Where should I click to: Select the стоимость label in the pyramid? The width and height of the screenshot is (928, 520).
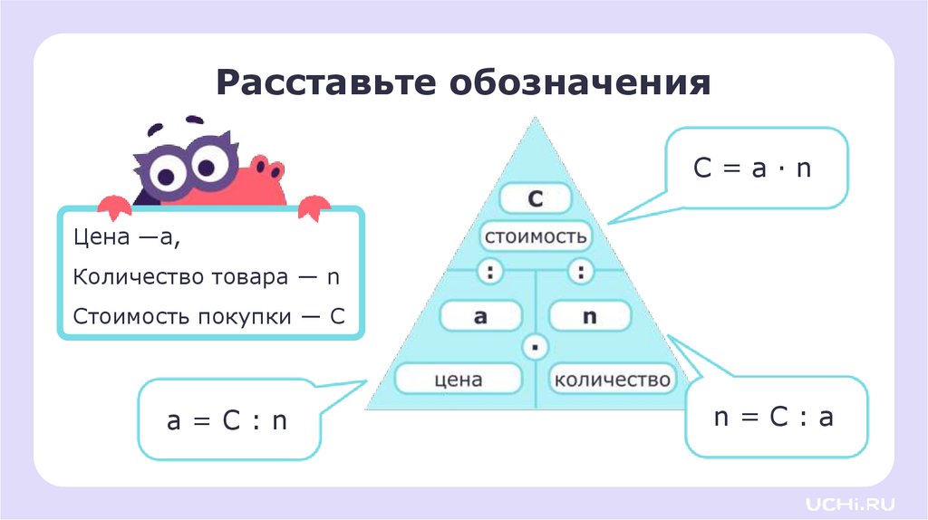(535, 237)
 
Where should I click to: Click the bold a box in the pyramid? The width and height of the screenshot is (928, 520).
(480, 316)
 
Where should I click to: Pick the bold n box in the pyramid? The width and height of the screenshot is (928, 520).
(590, 316)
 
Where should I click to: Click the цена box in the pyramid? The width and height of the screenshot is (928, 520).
(459, 379)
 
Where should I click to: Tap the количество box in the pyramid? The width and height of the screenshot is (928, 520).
(613, 379)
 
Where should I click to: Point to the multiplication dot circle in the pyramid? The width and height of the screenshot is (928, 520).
(536, 346)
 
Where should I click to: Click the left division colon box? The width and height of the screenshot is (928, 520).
(490, 271)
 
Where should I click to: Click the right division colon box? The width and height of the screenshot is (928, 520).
(580, 271)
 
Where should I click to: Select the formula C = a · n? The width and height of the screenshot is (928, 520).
(752, 169)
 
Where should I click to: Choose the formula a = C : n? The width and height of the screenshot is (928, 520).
(227, 420)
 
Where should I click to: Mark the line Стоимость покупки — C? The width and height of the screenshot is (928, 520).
(209, 317)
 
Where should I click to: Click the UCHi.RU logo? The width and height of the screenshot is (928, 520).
(849, 501)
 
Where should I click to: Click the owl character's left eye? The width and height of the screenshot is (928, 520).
(169, 171)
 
